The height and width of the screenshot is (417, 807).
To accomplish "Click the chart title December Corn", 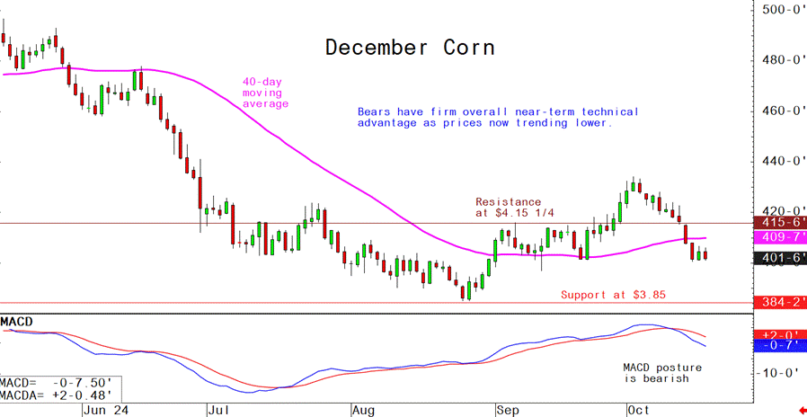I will pos(409,47).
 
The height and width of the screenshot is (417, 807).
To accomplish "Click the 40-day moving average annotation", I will pos(265,93).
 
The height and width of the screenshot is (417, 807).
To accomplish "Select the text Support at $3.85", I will pos(613,295).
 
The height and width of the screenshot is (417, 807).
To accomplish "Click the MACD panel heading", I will pos(18,322).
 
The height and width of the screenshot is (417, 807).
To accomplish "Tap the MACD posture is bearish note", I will pos(662,373).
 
